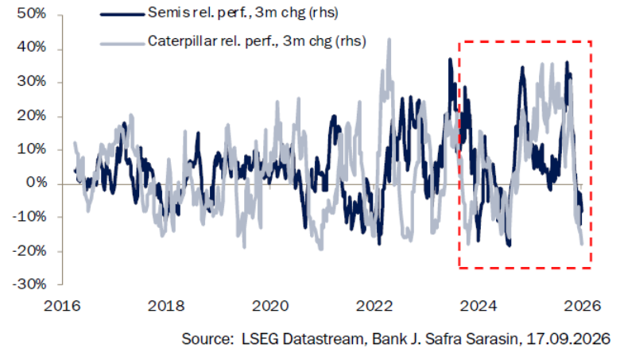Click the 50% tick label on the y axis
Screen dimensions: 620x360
pyautogui.click(x=31, y=14)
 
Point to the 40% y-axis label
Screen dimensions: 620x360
pyautogui.click(x=31, y=48)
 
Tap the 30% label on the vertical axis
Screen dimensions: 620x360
pyautogui.click(x=31, y=81)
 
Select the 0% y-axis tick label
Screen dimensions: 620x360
pyautogui.click(x=37, y=183)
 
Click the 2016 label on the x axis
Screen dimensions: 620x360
pyautogui.click(x=62, y=306)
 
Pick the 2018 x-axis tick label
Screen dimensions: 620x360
pyautogui.click(x=166, y=306)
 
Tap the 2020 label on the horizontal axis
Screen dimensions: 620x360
pyautogui.click(x=270, y=306)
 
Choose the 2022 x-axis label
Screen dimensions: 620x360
pyautogui.click(x=374, y=306)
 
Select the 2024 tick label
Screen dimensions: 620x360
pyautogui.click(x=479, y=306)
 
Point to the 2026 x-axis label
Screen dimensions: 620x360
pyautogui.click(x=583, y=306)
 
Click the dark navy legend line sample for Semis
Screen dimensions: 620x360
pyautogui.click(x=122, y=14)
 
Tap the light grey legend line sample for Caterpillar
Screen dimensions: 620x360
pyautogui.click(x=122, y=44)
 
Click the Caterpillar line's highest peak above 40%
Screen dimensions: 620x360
pyautogui.click(x=389, y=39)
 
